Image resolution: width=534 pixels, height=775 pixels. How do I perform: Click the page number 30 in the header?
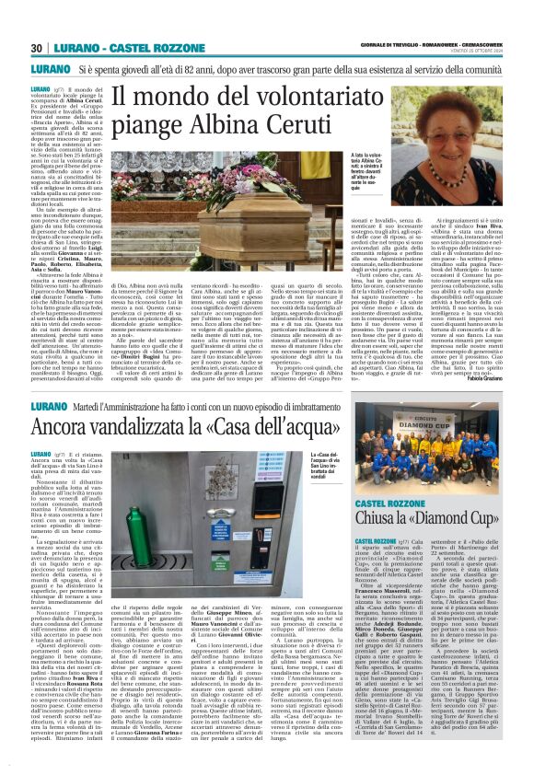36,49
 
